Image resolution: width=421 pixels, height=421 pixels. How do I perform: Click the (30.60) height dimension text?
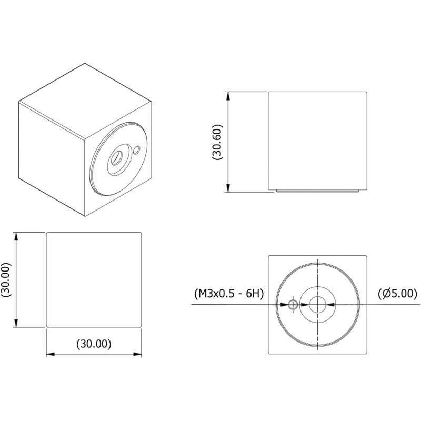(218, 142)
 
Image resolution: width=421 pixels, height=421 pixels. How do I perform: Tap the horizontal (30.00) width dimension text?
(94, 344)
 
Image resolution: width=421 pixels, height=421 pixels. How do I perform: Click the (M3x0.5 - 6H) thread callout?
(228, 293)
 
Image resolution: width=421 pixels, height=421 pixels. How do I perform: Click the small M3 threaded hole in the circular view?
(293, 304)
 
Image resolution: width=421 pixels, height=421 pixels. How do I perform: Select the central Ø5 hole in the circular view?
(318, 304)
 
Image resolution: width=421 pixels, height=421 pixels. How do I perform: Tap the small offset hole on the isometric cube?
(137, 150)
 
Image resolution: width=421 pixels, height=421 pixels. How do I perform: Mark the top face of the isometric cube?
(84, 100)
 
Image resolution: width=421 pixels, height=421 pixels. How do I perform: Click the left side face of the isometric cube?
(52, 158)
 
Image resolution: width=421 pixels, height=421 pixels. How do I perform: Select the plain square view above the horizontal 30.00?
(94, 279)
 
